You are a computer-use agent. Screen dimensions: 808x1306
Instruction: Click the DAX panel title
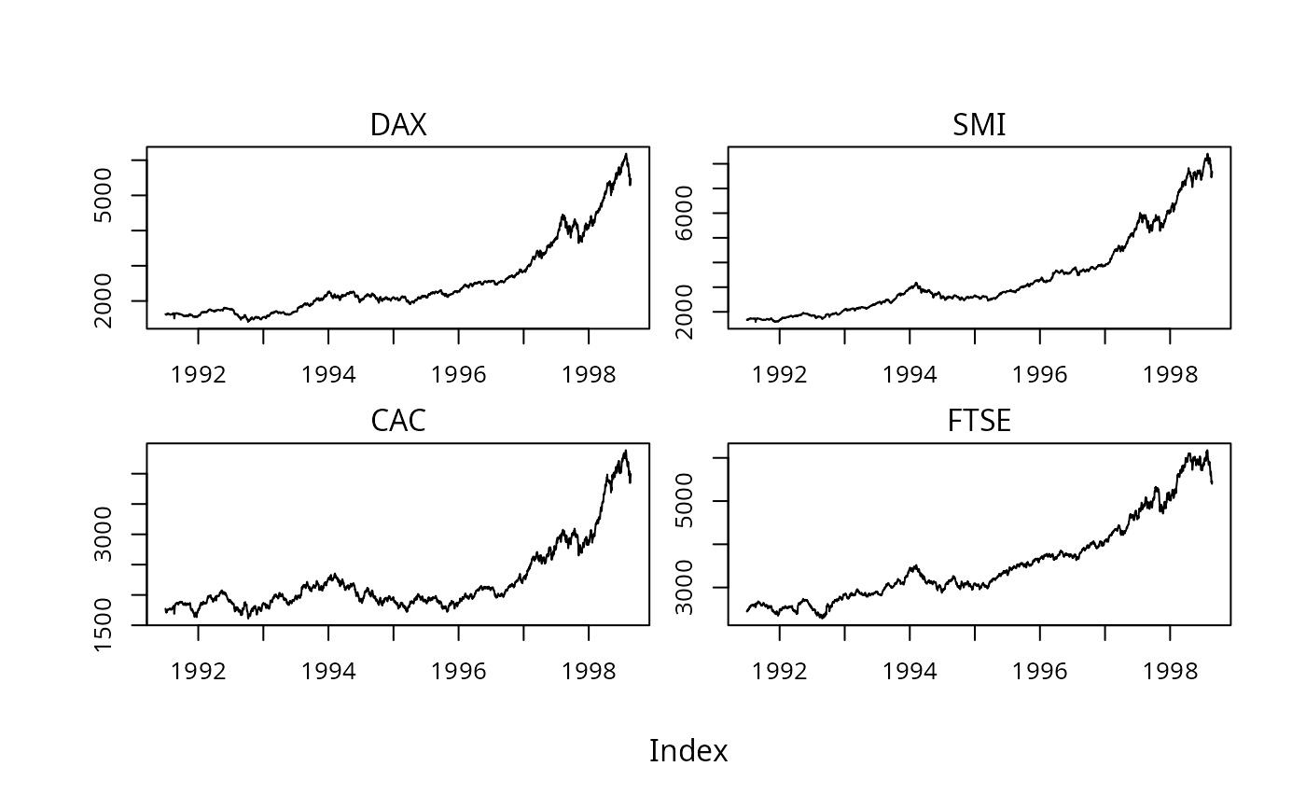[398, 125]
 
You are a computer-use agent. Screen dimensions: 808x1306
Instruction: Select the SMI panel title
[979, 125]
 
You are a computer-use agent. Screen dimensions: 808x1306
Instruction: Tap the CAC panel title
[398, 421]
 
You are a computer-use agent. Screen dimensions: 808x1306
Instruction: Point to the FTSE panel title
[979, 421]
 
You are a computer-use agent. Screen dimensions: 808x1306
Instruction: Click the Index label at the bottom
[688, 751]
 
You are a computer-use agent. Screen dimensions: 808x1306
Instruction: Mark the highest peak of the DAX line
[626, 154]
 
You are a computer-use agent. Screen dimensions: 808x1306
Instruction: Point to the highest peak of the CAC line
[625, 451]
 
